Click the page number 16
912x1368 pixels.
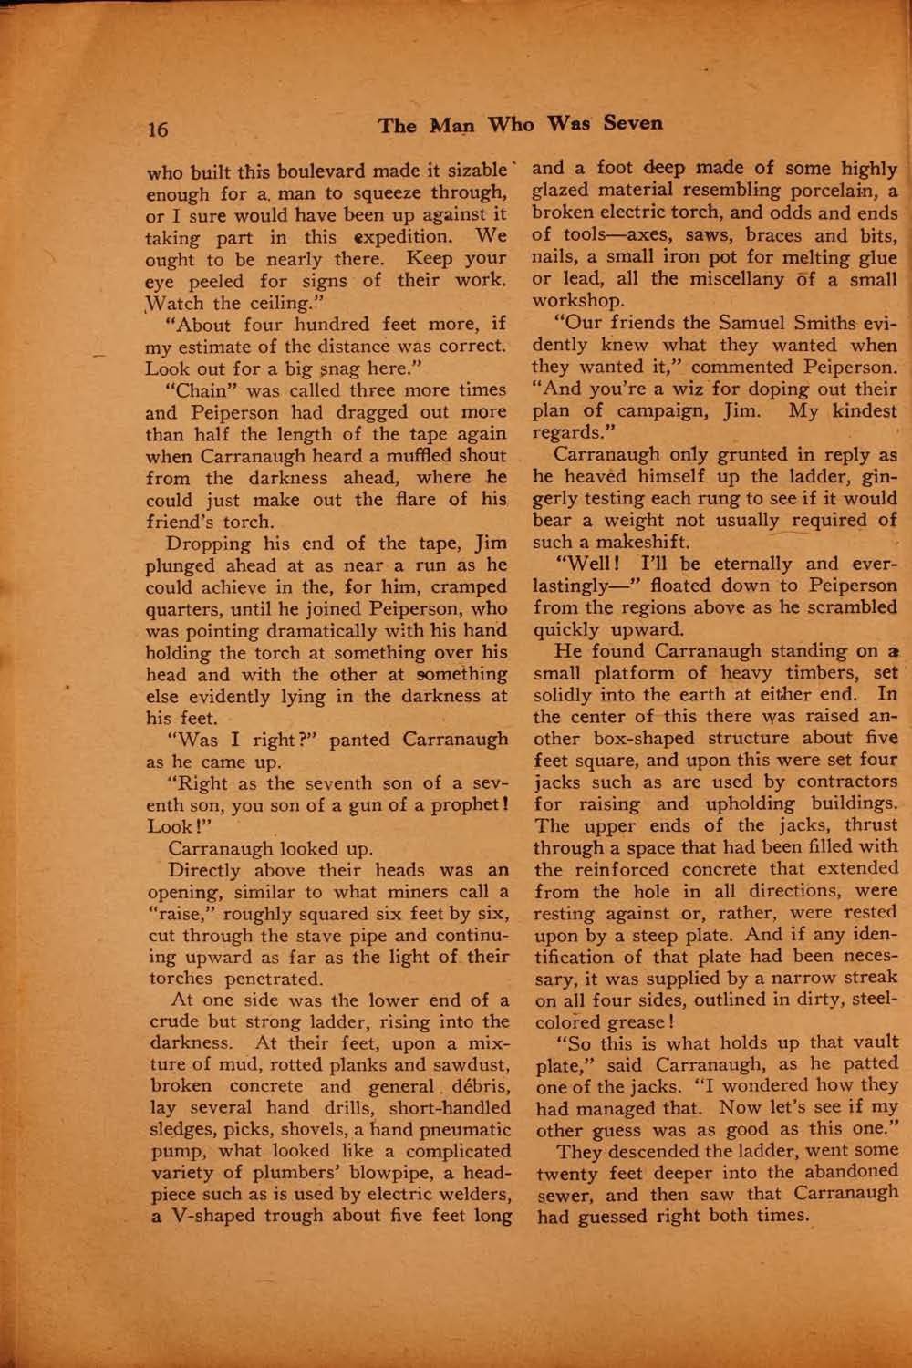[x=158, y=129]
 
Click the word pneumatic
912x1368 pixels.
[x=454, y=1130]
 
